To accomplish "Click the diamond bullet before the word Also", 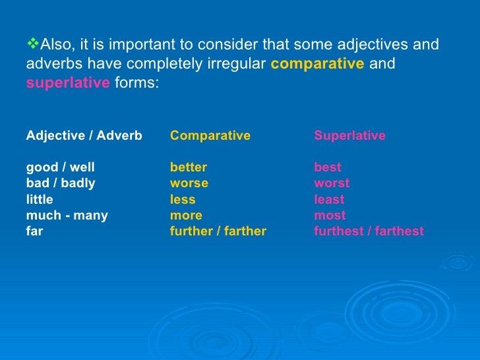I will click(33, 45).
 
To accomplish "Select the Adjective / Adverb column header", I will click(84, 136).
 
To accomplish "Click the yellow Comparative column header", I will click(210, 136).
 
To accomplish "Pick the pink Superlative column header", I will click(349, 136).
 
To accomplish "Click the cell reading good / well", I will click(60, 167).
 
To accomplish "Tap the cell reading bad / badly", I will click(61, 183).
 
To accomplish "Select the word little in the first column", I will click(40, 200).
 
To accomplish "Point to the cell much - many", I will click(67, 216).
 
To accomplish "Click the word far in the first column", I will click(34, 231).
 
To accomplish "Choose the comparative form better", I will click(189, 167).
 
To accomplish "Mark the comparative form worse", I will click(189, 183).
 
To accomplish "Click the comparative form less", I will click(183, 200).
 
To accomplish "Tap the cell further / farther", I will click(218, 231).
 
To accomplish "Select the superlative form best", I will click(328, 167).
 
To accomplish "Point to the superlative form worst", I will click(332, 183).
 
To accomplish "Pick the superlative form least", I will click(329, 200).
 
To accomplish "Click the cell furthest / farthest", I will click(369, 231).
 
